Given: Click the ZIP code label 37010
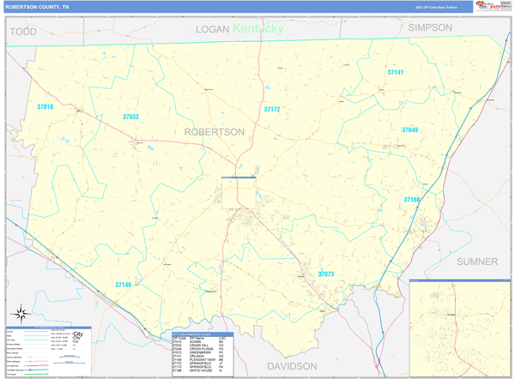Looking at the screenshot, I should pos(45,107).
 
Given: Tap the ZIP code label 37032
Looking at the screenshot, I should pos(130,117).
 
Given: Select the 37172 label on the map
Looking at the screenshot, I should pos(272,110).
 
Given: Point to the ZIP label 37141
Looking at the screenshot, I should pos(395,73).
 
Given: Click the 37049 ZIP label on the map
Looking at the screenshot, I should pos(410,130).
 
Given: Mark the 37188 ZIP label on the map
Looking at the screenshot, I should pos(413,200).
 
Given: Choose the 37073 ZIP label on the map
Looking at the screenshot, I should pos(326,274).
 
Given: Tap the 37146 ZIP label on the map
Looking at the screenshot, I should pos(124,285).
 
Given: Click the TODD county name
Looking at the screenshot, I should pos(23,31).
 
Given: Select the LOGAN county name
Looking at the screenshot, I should pos(213,29).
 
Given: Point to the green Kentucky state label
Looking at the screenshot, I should pos(257,28).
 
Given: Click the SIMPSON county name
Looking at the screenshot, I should pos(430,27).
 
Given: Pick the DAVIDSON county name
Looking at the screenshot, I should pos(292,365).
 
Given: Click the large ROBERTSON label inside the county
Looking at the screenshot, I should pos(214,131).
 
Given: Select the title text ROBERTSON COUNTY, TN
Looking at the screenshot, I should pos(38,6).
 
